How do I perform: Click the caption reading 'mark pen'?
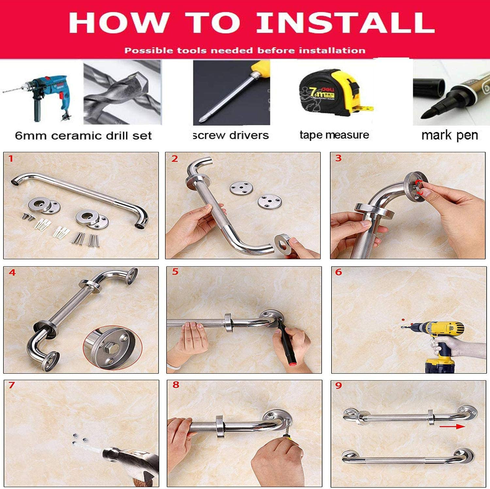(449, 135)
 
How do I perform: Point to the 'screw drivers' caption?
(231, 135)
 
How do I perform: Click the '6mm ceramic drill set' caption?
(83, 135)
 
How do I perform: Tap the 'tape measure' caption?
(334, 135)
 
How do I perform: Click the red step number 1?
(11, 159)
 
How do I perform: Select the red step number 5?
(175, 272)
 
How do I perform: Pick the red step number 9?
(338, 386)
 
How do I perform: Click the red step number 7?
(12, 385)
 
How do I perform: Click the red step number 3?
(338, 158)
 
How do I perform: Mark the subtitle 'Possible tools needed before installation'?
(245, 51)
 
